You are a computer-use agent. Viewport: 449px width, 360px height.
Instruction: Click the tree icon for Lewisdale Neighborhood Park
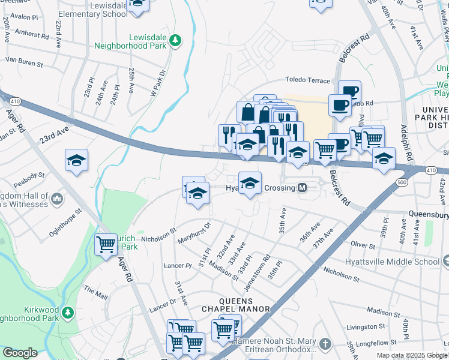coord(175,40)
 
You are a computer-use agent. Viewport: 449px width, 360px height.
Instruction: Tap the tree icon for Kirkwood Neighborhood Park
coord(68,313)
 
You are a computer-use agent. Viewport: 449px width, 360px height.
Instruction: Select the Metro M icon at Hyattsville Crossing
coord(303,188)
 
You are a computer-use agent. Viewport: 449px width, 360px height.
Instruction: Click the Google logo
coord(20,353)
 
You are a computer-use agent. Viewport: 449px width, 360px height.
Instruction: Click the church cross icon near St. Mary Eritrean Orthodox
coord(325,344)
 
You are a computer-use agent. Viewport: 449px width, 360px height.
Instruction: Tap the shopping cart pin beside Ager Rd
coord(106,244)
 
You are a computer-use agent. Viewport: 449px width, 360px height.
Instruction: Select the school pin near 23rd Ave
coord(77,160)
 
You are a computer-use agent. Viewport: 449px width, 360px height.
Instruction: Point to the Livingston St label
coord(366,326)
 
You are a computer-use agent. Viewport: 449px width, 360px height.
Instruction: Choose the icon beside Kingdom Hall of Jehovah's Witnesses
coord(57,197)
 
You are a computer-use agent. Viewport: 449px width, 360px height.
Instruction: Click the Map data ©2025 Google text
coord(411,355)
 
